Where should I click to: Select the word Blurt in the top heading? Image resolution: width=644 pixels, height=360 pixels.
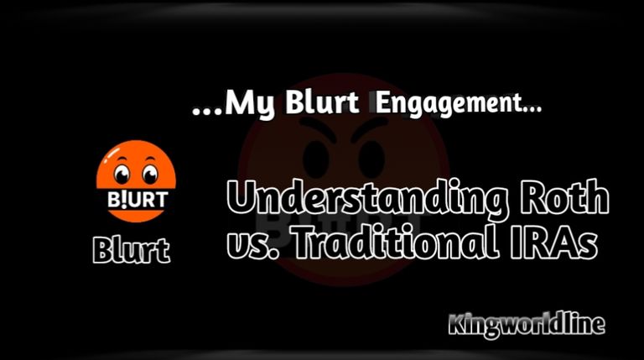pyautogui.click(x=322, y=102)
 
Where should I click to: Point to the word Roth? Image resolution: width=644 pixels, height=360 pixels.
pyautogui.click(x=564, y=196)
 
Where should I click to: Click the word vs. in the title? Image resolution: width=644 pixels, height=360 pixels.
pyautogui.click(x=252, y=244)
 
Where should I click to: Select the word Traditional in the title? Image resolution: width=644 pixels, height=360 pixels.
pyautogui.click(x=395, y=242)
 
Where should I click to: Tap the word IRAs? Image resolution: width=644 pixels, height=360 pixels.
pyautogui.click(x=554, y=242)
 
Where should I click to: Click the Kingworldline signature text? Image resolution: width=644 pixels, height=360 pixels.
pyautogui.click(x=527, y=325)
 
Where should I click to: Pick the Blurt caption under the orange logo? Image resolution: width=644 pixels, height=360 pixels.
pyautogui.click(x=132, y=250)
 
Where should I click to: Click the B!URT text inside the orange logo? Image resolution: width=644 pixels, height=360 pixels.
pyautogui.click(x=138, y=200)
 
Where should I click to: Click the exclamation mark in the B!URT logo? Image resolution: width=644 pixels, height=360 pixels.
pyautogui.click(x=124, y=200)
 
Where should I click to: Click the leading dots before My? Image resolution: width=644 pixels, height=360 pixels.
pyautogui.click(x=207, y=111)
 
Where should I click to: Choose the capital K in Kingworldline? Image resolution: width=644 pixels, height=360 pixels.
pyautogui.click(x=458, y=324)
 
